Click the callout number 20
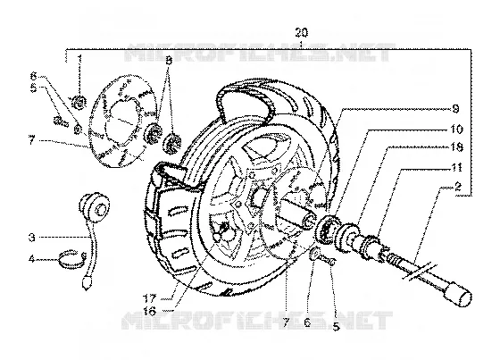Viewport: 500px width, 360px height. click(302, 32)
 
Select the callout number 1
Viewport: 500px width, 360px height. click(79, 59)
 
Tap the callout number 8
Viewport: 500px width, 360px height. click(169, 61)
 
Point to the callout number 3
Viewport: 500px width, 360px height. click(31, 238)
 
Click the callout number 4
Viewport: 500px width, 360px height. click(31, 259)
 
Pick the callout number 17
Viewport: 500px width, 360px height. click(150, 299)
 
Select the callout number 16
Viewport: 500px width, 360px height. click(150, 310)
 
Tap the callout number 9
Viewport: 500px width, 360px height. click(455, 109)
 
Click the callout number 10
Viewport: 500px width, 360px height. click(456, 130)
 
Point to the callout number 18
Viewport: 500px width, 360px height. click(456, 147)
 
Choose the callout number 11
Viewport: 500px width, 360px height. click(456, 167)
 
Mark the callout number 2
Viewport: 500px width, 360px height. click(458, 187)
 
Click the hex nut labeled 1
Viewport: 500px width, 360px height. click(79, 103)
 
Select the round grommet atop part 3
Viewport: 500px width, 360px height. click(95, 207)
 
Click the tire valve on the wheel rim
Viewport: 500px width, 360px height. click(221, 231)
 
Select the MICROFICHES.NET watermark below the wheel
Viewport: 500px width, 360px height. click(257, 321)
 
